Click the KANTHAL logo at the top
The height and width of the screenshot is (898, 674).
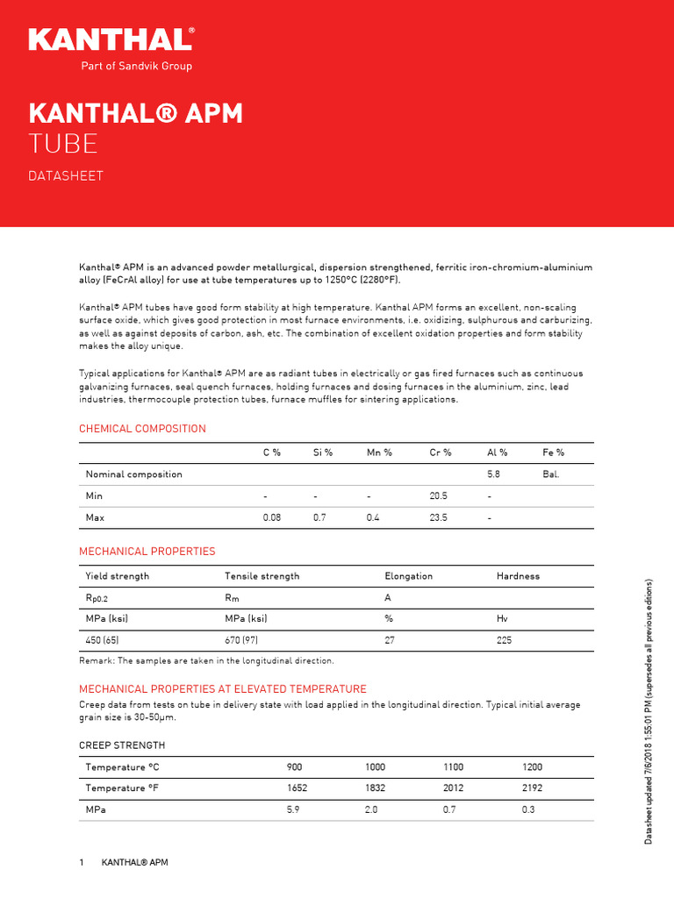click(111, 39)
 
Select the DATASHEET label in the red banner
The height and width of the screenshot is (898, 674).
click(66, 176)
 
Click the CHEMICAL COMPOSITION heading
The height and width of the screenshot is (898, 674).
click(142, 429)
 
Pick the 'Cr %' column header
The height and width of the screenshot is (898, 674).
click(441, 453)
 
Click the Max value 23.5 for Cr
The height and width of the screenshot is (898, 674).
click(438, 518)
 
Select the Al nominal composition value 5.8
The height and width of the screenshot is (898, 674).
click(493, 474)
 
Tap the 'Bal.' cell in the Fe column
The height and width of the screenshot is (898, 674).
click(551, 474)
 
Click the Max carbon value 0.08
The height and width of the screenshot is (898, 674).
click(272, 518)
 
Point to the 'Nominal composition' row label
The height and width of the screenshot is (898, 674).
click(133, 474)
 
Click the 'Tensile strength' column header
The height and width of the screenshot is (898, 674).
click(262, 576)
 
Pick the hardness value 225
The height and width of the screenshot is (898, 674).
click(504, 641)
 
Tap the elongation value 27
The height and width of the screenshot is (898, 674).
click(391, 641)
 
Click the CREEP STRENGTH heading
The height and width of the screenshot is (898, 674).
click(122, 745)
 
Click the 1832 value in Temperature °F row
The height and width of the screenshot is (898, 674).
click(375, 788)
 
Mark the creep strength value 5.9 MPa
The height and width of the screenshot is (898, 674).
click(294, 810)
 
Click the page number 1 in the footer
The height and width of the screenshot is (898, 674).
click(82, 864)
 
